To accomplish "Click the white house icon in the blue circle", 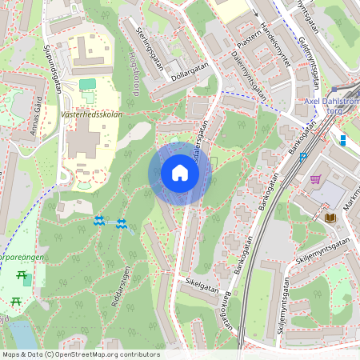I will (x=179, y=173).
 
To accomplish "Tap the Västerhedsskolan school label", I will (x=90, y=114).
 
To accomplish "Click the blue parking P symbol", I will (x=304, y=158).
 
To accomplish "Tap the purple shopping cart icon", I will (x=317, y=179).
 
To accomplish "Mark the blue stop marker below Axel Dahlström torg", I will (x=342, y=140).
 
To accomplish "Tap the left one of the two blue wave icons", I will (x=99, y=221).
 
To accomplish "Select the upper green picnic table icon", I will (x=21, y=276).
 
